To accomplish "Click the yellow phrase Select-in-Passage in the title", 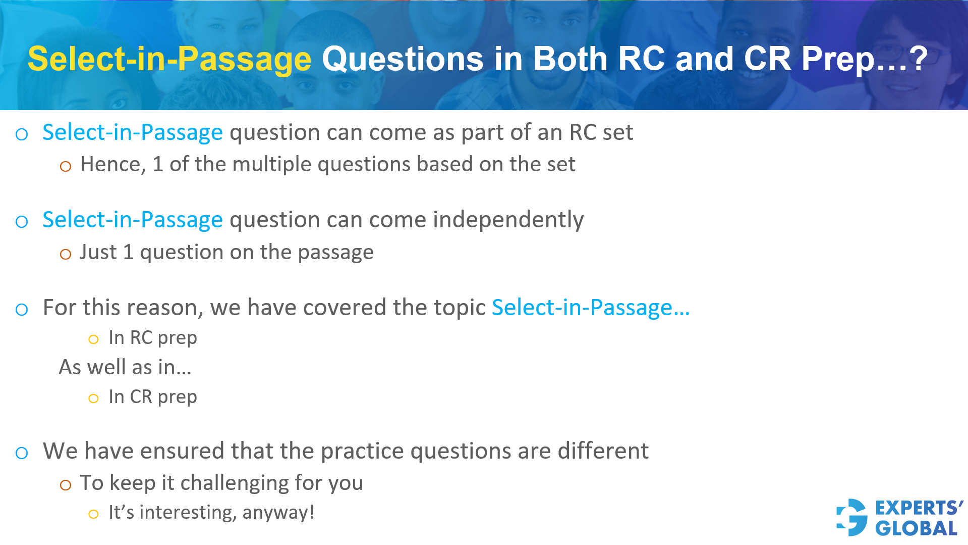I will (x=169, y=60).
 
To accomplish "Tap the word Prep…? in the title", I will (x=865, y=60).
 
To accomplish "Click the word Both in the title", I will (x=570, y=59).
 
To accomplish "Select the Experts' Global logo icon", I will (x=852, y=517).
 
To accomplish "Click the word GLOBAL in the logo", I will (x=916, y=528).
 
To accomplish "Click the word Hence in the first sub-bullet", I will (x=112, y=165).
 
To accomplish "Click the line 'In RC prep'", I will (x=152, y=338).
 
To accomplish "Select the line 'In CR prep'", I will (x=152, y=397).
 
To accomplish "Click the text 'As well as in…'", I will (x=125, y=367).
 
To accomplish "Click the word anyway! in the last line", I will (x=278, y=513).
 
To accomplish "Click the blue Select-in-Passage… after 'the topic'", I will (x=591, y=308).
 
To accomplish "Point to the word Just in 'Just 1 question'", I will (x=98, y=253).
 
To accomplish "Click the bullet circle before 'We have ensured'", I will (x=22, y=453).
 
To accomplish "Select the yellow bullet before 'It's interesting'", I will (x=93, y=515).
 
